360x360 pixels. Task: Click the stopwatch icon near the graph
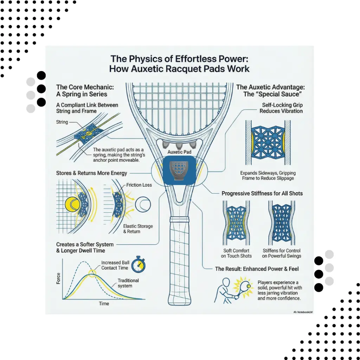[x=138, y=264]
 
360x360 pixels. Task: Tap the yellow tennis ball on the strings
[x=72, y=204]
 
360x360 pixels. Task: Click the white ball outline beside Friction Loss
[x=143, y=204]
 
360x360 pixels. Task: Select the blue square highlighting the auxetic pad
[x=179, y=171]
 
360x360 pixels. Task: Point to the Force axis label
[x=58, y=278]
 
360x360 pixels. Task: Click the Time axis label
[x=104, y=303]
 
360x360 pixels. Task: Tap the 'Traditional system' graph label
[x=128, y=283]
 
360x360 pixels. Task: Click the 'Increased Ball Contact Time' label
[x=115, y=265]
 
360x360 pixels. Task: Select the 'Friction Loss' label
[x=139, y=185]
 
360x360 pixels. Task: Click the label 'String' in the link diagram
[x=62, y=122]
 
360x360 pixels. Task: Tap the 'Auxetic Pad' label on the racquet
[x=179, y=152]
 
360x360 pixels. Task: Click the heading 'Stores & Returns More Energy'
[x=91, y=173]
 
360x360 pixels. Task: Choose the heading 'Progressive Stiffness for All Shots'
[x=262, y=193]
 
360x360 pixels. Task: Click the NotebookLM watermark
[x=303, y=312]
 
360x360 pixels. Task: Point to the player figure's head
[x=226, y=282]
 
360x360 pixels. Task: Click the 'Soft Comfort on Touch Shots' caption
[x=236, y=253]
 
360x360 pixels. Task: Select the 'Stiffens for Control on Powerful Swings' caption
[x=282, y=253]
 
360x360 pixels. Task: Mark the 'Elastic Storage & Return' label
[x=138, y=229]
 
